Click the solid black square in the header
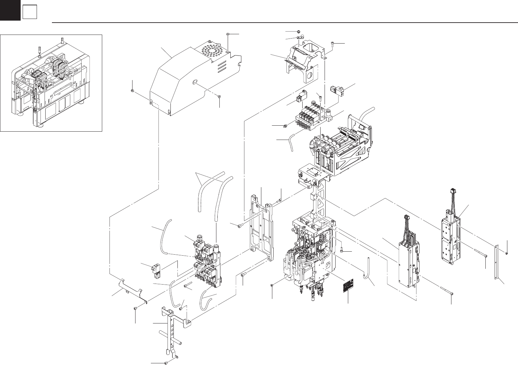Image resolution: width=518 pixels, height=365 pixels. (10, 10)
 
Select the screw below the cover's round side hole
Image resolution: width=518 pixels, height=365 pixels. (220, 97)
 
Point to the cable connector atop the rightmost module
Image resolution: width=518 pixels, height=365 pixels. (452, 193)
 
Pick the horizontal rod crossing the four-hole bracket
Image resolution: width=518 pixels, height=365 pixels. (170, 337)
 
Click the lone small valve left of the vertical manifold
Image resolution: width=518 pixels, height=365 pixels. (156, 270)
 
